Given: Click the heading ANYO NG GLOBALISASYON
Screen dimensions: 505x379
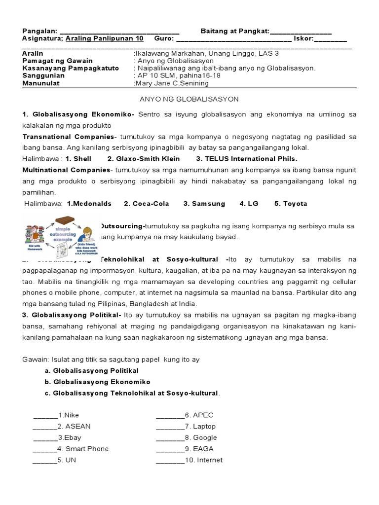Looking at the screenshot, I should tap(189, 99).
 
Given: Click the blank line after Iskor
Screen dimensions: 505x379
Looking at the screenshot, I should tap(331, 39).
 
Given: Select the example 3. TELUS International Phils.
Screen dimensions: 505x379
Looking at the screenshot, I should tap(247, 159).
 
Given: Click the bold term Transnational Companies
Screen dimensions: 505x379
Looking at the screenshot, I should tap(68, 136).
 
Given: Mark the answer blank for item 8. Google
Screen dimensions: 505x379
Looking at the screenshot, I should tap(170, 438).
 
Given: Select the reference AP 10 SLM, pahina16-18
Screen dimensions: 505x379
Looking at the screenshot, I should tap(178, 76).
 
